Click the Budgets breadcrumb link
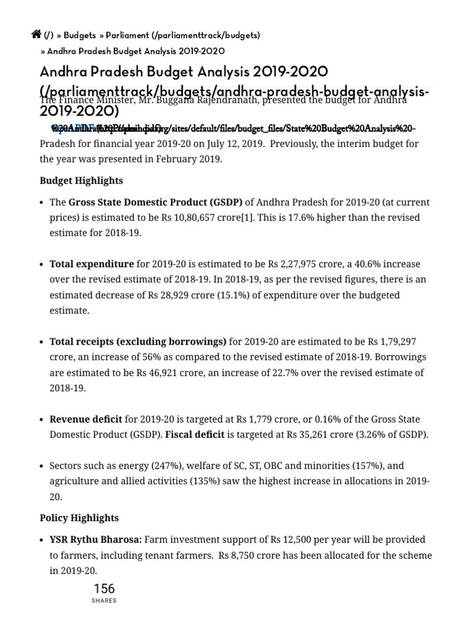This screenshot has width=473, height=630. click(x=81, y=36)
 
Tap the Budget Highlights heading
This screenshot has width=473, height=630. click(x=81, y=181)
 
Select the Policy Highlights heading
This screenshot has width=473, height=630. click(x=79, y=517)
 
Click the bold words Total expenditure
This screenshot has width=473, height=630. click(x=91, y=264)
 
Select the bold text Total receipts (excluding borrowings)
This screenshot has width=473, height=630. click(x=138, y=341)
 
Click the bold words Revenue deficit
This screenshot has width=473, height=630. click(x=86, y=420)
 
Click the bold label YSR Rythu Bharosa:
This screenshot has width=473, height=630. click(x=95, y=540)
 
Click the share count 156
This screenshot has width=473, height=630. click(x=103, y=588)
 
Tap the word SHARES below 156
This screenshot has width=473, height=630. click(x=103, y=601)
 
